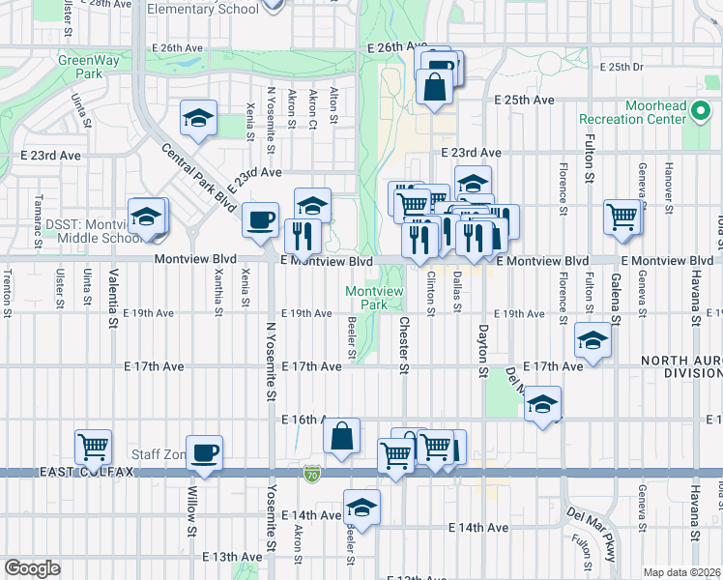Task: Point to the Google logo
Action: coord(32,568)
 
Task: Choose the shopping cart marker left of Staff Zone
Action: coord(94,447)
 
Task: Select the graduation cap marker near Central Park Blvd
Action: coord(198,119)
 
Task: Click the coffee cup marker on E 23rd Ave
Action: coord(260,219)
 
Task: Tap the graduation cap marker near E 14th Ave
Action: coord(361,507)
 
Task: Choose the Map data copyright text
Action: coord(680,572)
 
